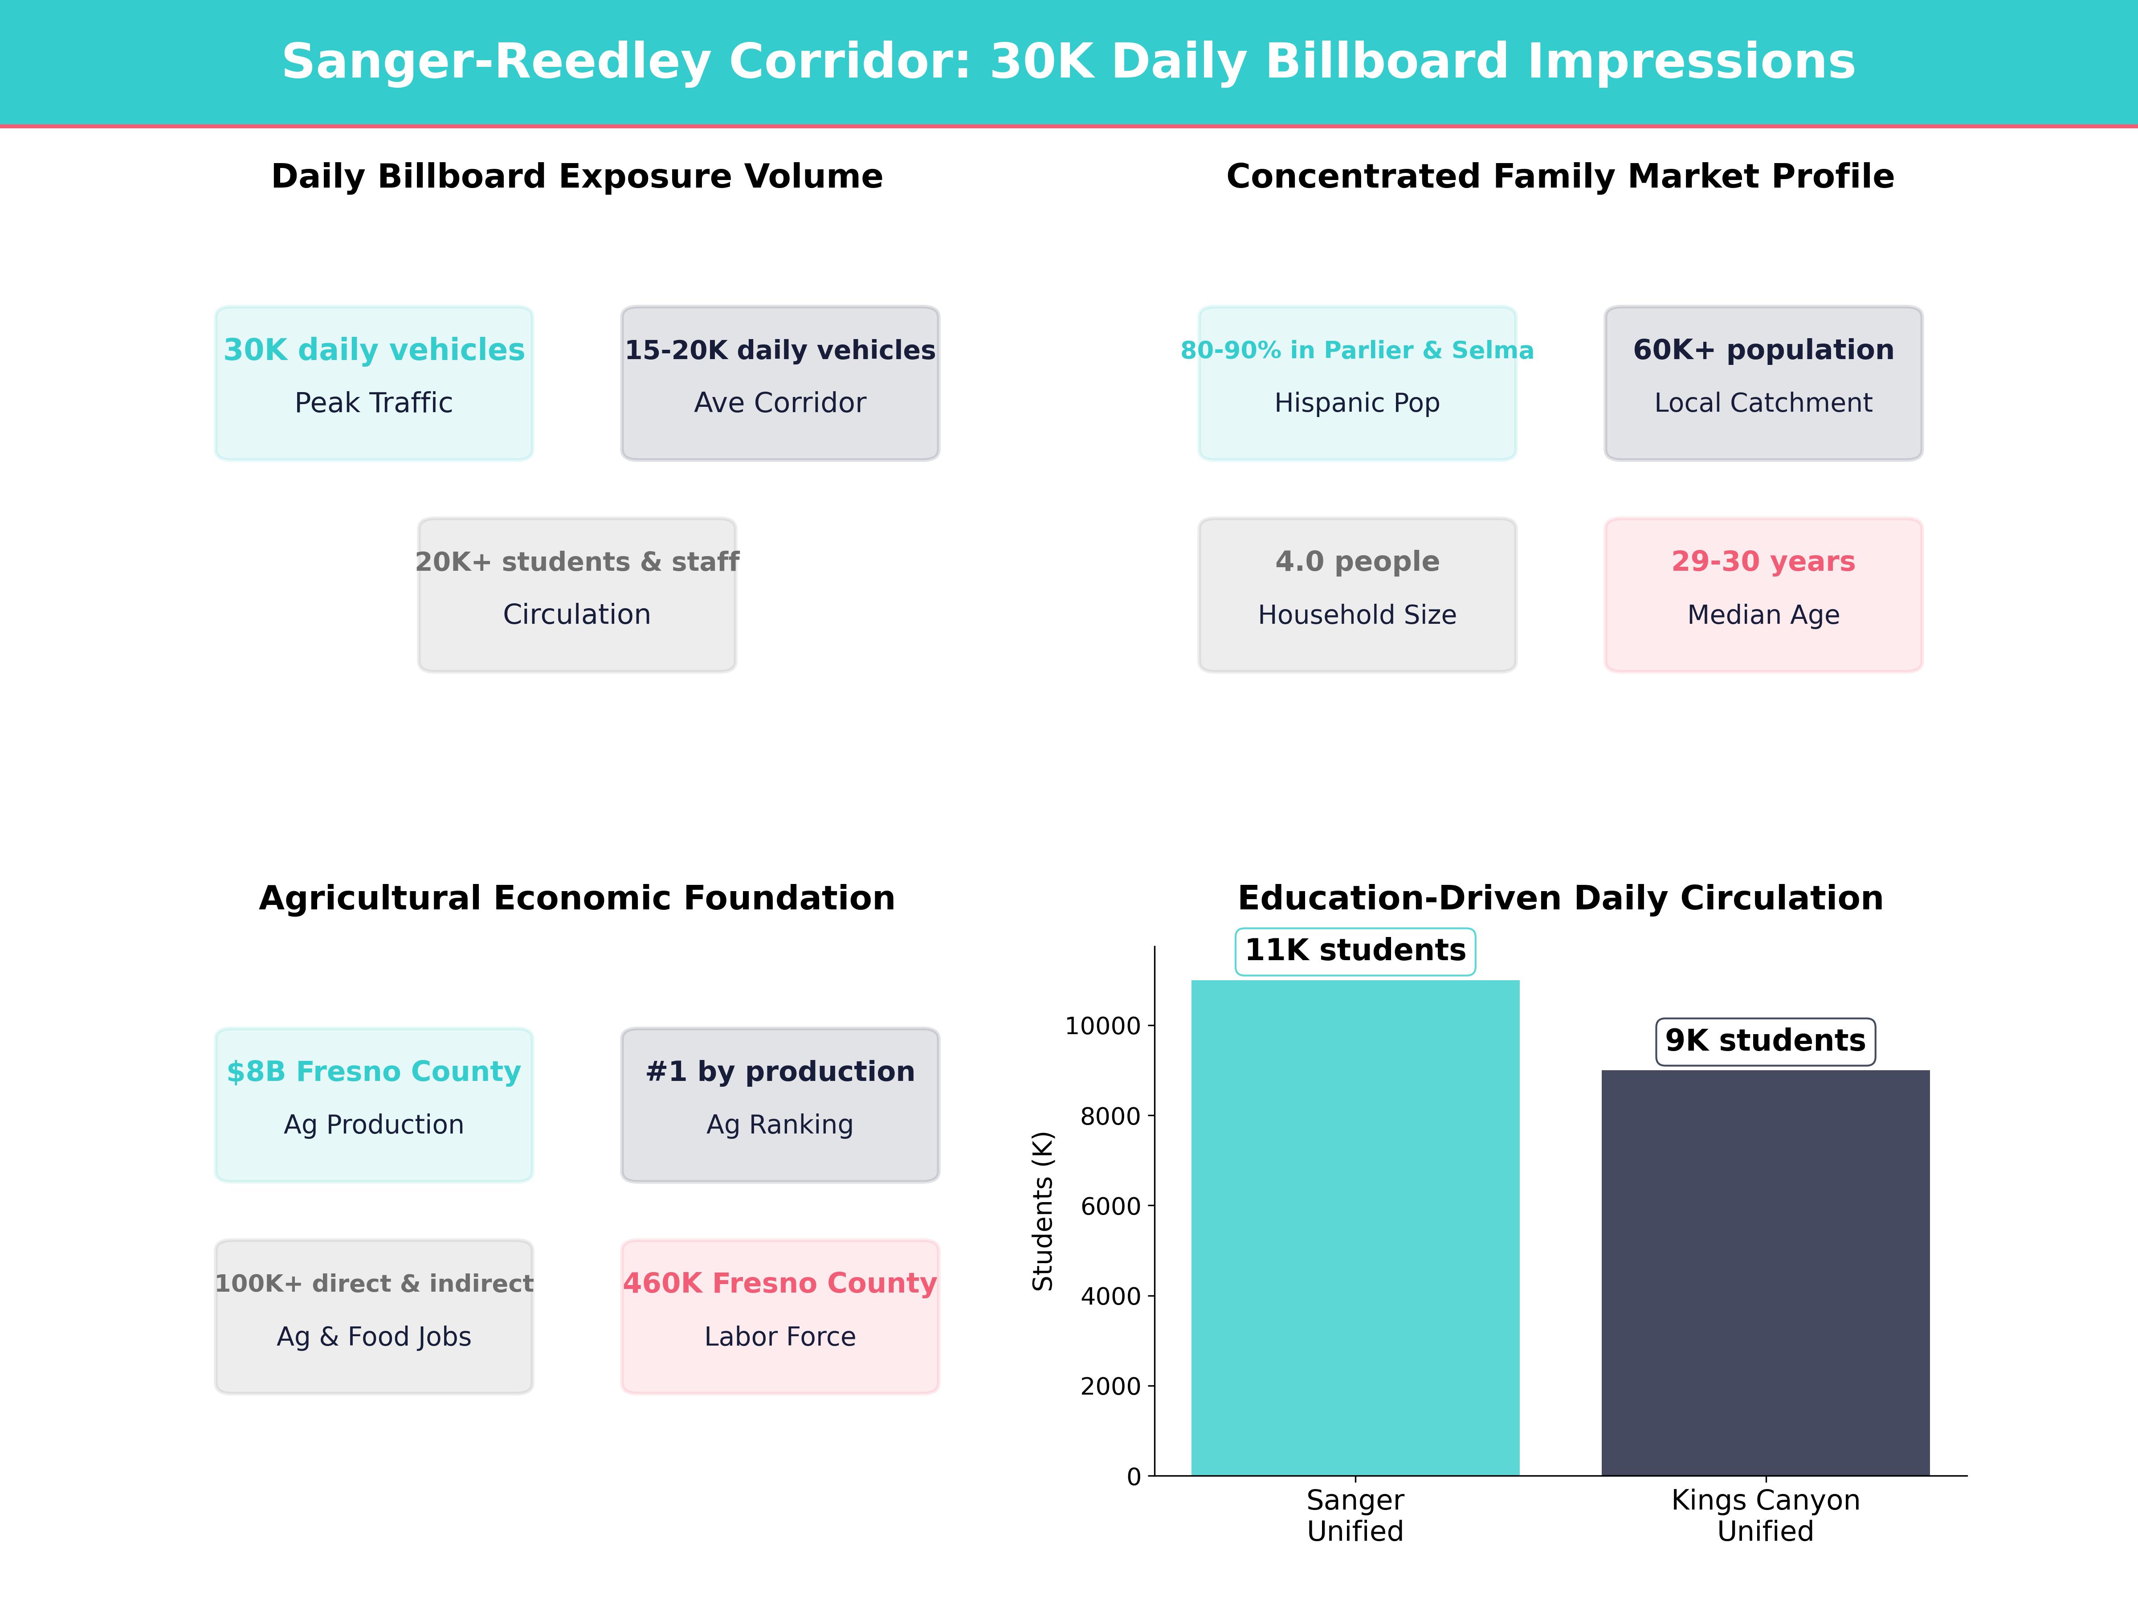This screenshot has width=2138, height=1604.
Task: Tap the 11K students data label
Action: [x=1355, y=950]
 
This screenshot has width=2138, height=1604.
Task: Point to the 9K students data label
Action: [x=1765, y=1040]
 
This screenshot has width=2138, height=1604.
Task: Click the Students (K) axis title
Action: [x=1042, y=1211]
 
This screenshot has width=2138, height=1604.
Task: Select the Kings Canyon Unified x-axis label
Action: [x=1765, y=1515]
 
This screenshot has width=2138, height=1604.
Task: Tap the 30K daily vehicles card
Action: [x=374, y=383]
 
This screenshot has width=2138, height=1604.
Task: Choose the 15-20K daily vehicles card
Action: [x=780, y=383]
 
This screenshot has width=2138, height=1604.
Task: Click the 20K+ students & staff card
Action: [x=577, y=595]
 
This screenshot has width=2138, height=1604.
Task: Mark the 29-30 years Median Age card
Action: [x=1763, y=595]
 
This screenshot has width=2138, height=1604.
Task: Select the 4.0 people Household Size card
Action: [x=1357, y=595]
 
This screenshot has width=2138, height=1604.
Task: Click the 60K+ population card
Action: [x=1763, y=383]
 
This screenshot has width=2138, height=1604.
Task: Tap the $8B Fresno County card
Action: [x=374, y=1104]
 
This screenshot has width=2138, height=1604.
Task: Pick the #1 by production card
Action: [x=780, y=1104]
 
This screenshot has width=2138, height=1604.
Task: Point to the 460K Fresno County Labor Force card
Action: [x=780, y=1316]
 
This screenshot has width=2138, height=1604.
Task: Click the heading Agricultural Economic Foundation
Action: [x=577, y=898]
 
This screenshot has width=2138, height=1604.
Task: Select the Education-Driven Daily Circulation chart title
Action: [x=1560, y=898]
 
